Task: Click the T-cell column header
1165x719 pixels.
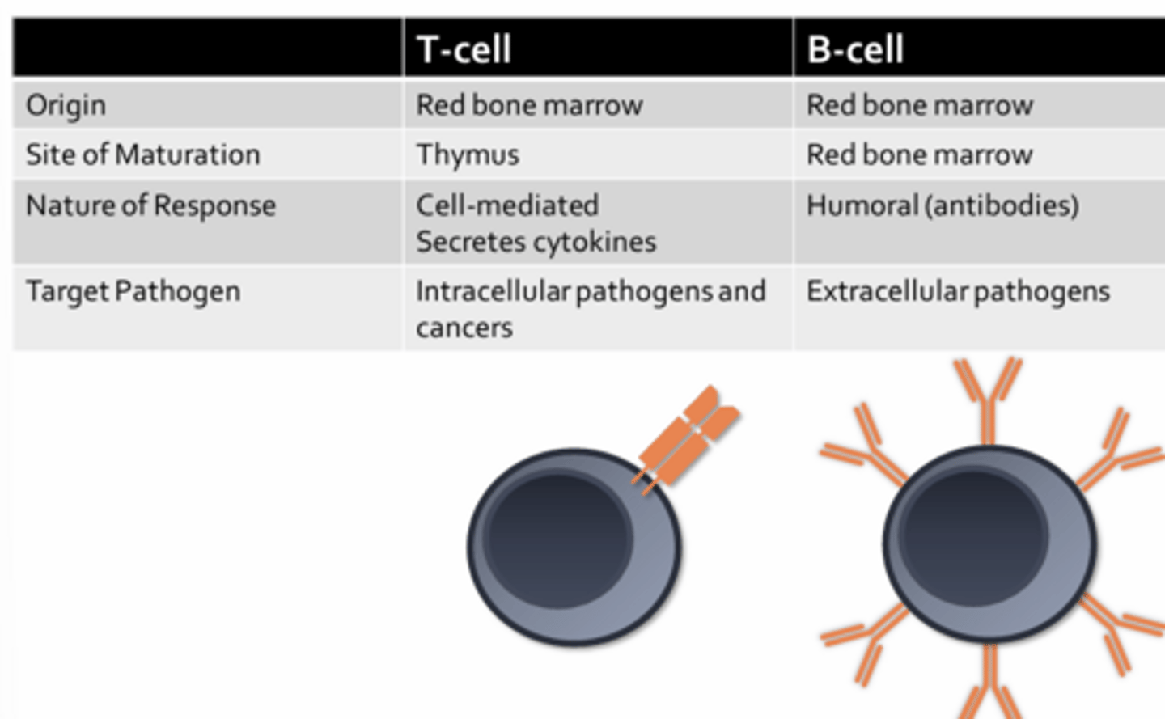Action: pos(464,49)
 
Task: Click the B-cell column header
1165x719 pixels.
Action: pos(855,49)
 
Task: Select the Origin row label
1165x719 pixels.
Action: pos(66,105)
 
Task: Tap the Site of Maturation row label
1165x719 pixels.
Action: pos(142,154)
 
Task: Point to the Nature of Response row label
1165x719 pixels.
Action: pos(150,205)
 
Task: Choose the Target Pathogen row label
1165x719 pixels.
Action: pos(133,291)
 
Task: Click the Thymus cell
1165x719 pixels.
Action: pos(468,154)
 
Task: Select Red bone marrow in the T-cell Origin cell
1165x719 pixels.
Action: pos(529,105)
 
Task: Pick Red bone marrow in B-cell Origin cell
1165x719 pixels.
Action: pos(919,105)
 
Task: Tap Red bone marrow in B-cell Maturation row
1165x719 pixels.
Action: pos(919,154)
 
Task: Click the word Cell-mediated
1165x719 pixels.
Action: pos(507,205)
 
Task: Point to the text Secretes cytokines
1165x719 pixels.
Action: pos(536,242)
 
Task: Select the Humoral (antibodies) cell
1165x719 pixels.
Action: pos(943,205)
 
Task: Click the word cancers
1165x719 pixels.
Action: pos(464,328)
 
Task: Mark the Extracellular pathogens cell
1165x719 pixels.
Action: pos(958,291)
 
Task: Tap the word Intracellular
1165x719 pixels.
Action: pos(493,291)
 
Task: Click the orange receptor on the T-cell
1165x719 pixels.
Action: pos(688,437)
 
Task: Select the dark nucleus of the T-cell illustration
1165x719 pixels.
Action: pos(558,536)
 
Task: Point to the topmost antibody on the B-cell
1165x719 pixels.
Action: pos(988,396)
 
